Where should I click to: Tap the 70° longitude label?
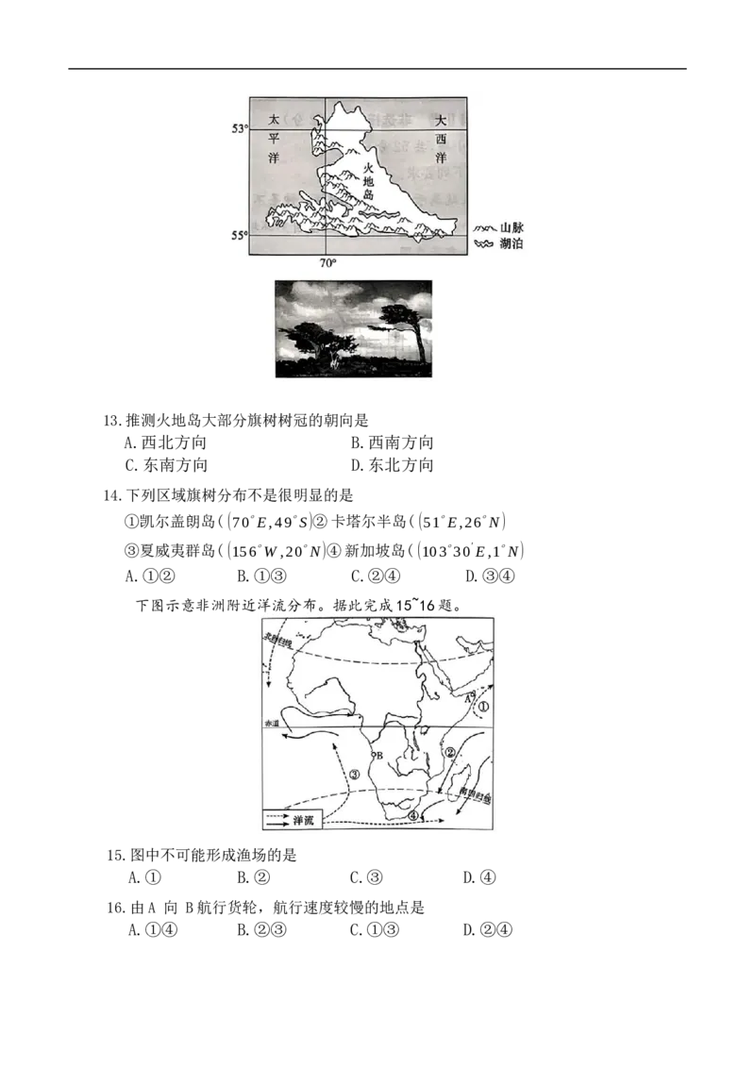click(x=326, y=263)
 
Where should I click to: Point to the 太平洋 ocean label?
click(x=275, y=138)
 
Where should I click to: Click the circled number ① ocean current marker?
click(x=483, y=705)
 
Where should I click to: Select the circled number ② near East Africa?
click(x=450, y=752)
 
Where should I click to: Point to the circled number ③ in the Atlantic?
click(x=354, y=775)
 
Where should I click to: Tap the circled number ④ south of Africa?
click(x=412, y=816)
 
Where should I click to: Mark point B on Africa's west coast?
click(x=377, y=756)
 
